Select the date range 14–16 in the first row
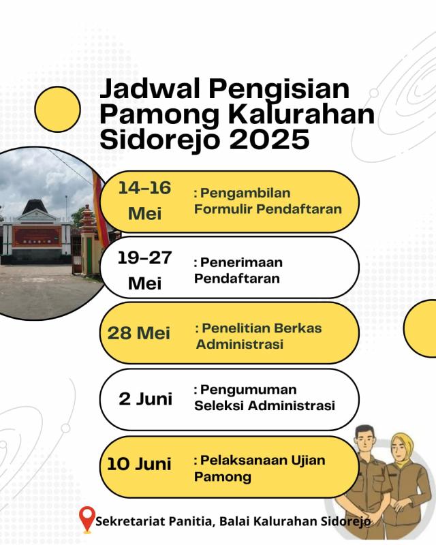tap(144, 188)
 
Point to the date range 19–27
tap(144, 258)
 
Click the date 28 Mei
tap(139, 333)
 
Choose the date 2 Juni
tap(145, 399)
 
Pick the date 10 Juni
tap(139, 464)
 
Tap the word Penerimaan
tap(241, 262)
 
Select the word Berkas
tap(298, 328)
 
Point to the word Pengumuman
tap(248, 390)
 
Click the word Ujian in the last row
tap(308, 461)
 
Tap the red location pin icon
tap(87, 519)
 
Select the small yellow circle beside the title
tap(58, 109)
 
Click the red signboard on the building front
tap(37, 236)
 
